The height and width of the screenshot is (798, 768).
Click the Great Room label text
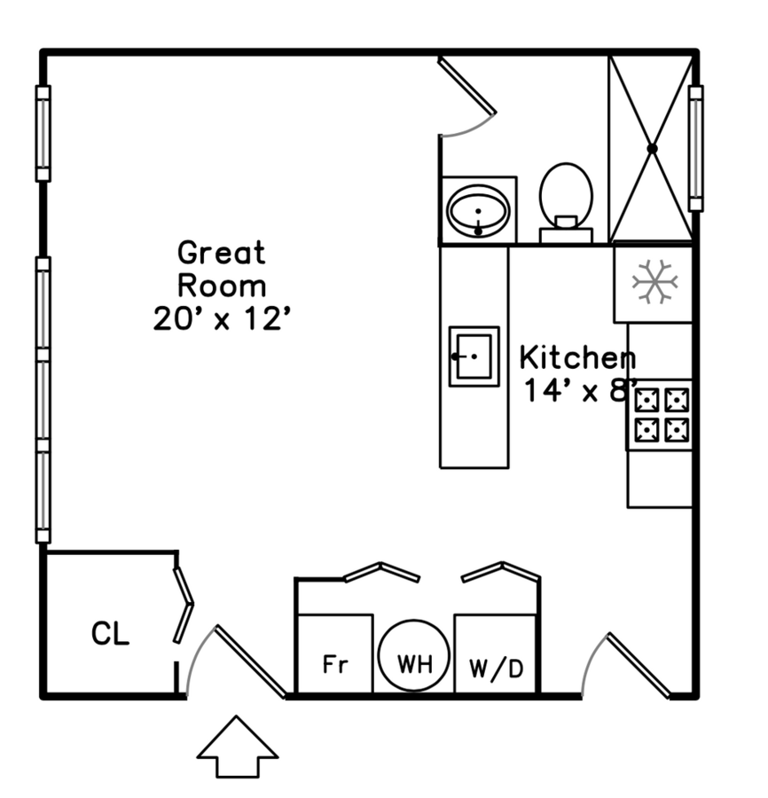coord(222,270)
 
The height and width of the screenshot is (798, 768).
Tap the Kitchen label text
coord(577,358)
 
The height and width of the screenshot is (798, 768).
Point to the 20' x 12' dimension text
coord(222,318)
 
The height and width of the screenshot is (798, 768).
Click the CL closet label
coord(111,634)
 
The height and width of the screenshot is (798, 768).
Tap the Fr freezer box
coord(334,654)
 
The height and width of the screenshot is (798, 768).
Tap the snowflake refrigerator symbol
coord(654,284)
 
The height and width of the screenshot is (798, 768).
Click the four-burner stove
coord(662,415)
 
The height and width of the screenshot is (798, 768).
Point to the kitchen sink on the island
coord(474,356)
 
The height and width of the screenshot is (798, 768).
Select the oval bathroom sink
coord(478,211)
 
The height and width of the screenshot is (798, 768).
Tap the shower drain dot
coord(652,149)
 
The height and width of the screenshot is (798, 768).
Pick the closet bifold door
coord(183,605)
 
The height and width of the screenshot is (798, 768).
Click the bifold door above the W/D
coord(501,571)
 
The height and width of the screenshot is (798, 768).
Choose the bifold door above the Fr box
coord(381,571)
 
